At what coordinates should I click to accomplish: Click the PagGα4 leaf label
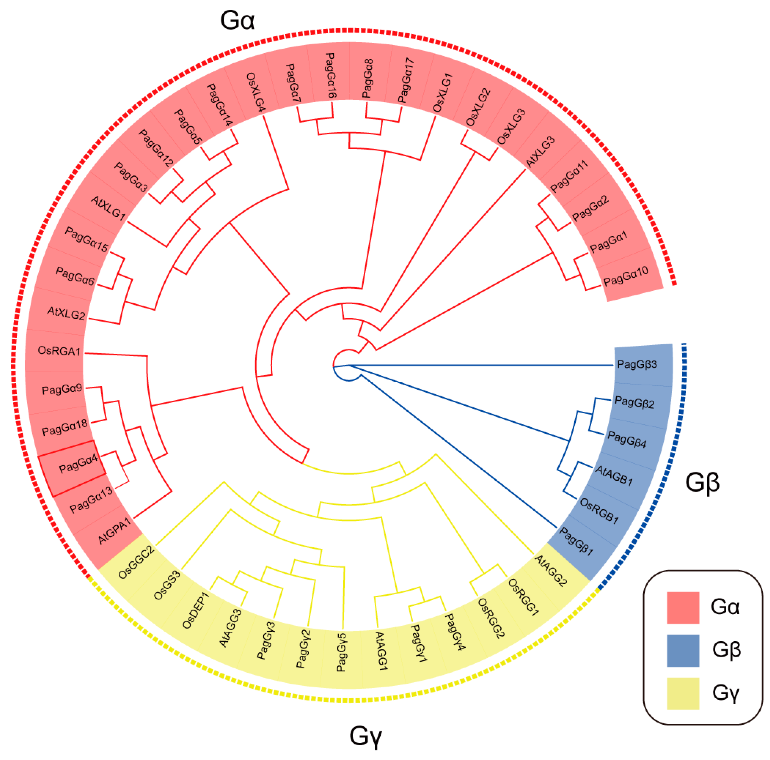pos(78,464)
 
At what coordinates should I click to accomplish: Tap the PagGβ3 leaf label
pos(637,364)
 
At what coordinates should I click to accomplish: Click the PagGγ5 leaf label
pos(342,652)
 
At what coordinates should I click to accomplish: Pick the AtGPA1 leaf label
pos(115,531)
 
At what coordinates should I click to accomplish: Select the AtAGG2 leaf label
pos(550,571)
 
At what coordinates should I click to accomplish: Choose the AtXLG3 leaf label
pos(540,152)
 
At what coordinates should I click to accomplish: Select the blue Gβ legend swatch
pos(683,650)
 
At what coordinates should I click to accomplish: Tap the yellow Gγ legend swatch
pos(683,694)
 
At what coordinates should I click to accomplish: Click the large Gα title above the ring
pos(237,20)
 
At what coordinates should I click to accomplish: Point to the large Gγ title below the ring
pos(365,736)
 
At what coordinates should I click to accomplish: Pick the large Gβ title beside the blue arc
pos(702,482)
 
